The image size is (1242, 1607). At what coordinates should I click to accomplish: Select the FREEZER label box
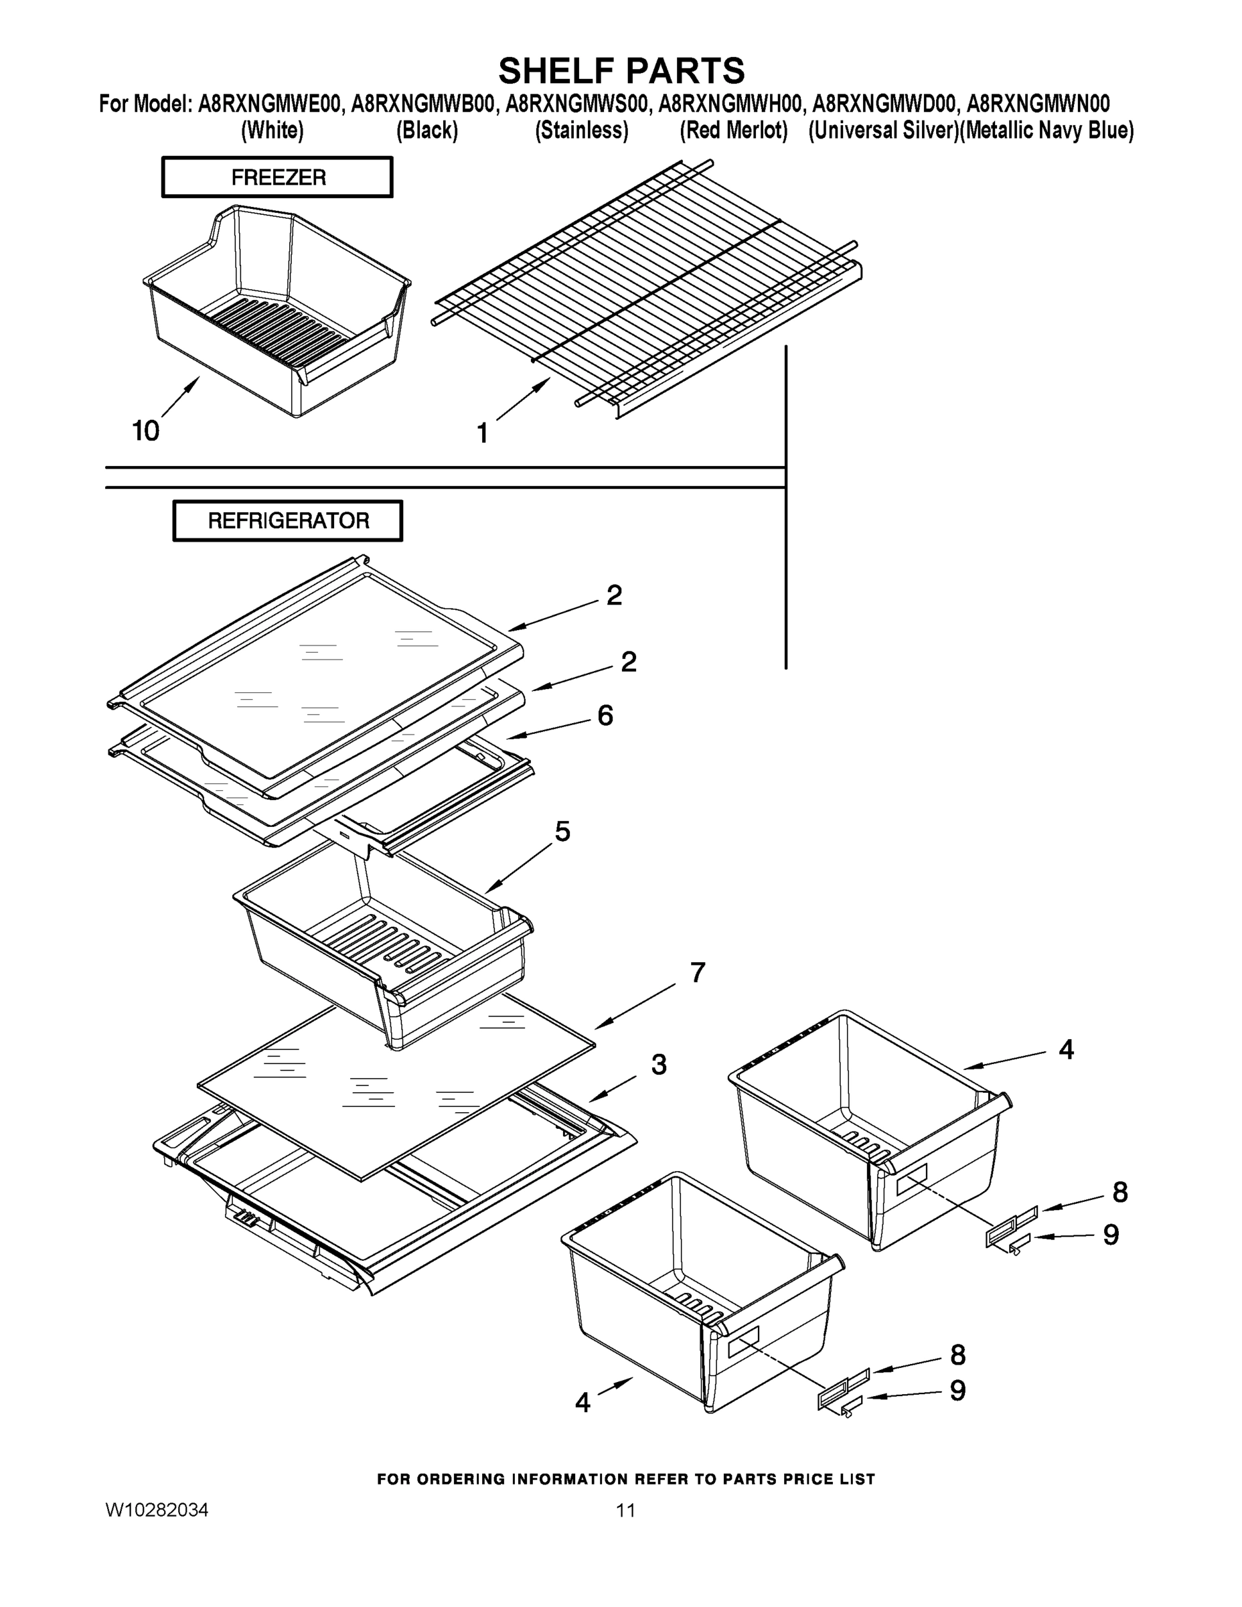(x=277, y=177)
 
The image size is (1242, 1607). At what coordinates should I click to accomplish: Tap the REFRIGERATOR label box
(x=288, y=521)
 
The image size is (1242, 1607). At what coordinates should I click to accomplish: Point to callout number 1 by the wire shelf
(x=483, y=433)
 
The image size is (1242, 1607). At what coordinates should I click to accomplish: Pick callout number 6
(x=605, y=715)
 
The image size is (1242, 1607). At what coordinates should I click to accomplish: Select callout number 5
(x=562, y=832)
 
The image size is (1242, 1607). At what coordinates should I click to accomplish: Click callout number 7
(x=698, y=973)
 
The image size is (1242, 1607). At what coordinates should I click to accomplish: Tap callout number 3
(x=659, y=1065)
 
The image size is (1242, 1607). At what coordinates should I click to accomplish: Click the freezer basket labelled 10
(x=276, y=317)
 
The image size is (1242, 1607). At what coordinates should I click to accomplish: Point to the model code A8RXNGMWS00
(x=578, y=104)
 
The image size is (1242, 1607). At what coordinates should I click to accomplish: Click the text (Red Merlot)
(x=734, y=131)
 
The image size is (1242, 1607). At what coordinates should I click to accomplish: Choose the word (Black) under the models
(x=426, y=131)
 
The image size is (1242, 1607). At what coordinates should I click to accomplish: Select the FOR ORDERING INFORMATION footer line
(x=625, y=1479)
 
